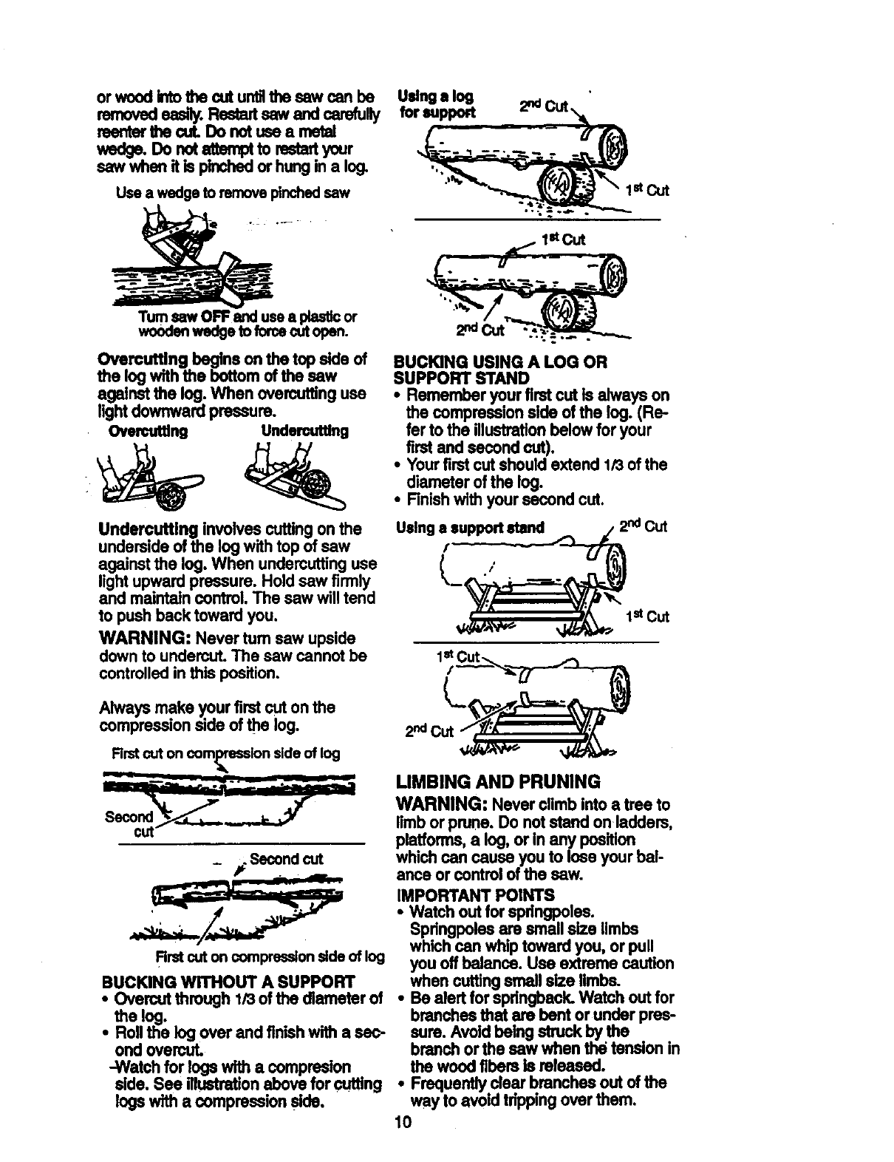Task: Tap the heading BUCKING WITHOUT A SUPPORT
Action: tap(228, 982)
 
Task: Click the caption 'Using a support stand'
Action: tap(470, 527)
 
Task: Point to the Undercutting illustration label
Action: tap(304, 431)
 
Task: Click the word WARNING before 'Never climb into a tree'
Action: tap(442, 804)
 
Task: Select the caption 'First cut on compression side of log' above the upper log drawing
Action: tap(226, 753)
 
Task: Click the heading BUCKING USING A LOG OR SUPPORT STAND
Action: tap(502, 370)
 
